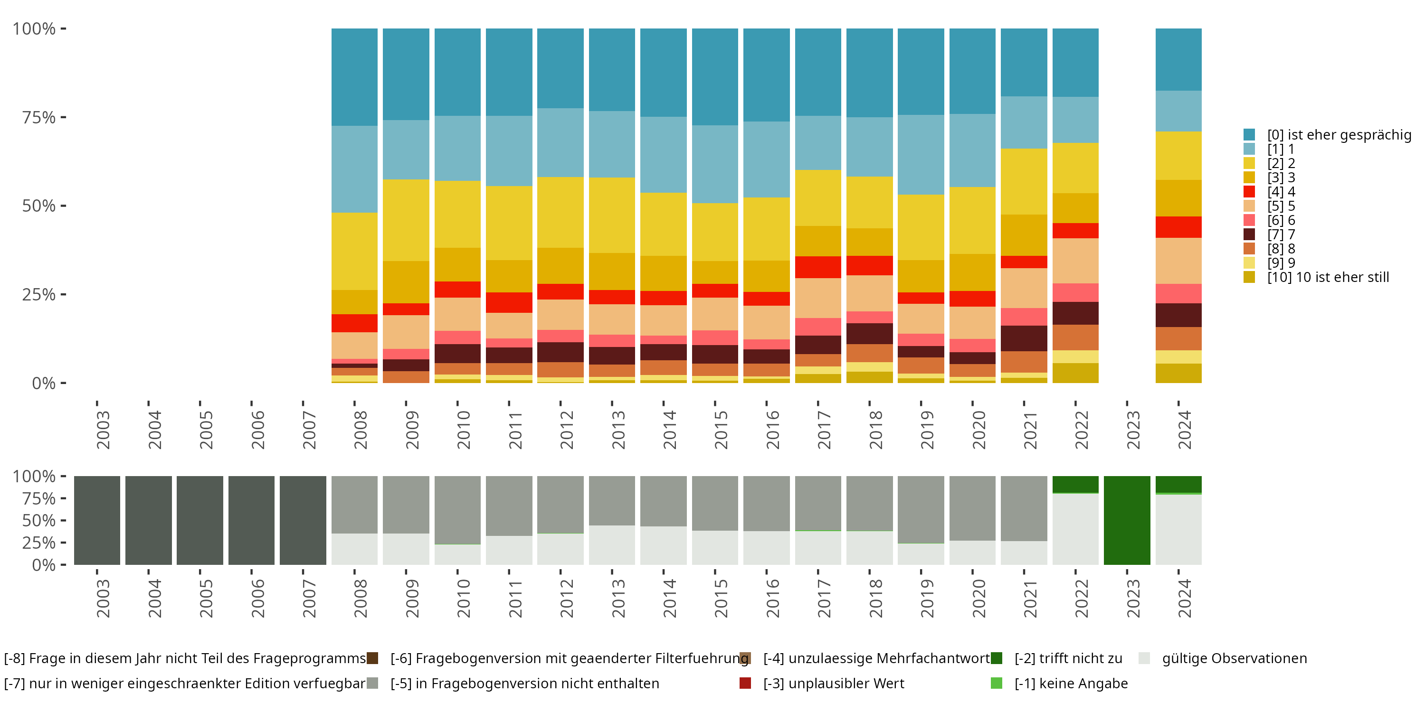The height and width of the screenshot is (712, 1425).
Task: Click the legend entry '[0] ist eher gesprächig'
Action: [1339, 135]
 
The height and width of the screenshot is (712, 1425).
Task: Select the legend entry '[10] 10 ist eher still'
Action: [1328, 277]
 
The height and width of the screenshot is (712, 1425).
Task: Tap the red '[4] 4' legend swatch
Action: [1249, 192]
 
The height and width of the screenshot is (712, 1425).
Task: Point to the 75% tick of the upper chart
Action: [39, 117]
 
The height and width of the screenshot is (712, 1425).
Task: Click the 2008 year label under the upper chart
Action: [360, 430]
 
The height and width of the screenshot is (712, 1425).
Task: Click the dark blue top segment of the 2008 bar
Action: [354, 77]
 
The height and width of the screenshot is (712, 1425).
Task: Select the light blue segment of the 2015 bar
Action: [715, 164]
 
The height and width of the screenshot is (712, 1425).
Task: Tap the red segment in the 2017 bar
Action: [817, 267]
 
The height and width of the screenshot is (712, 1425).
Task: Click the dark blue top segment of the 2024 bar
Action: [1178, 59]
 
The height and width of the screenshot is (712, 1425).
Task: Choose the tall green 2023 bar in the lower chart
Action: [1127, 520]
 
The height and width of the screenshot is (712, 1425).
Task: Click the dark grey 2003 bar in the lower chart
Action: [97, 520]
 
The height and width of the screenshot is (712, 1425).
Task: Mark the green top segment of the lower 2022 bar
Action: [1075, 484]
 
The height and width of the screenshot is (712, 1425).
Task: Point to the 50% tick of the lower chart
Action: [39, 520]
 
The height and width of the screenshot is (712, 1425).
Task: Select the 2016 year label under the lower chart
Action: [772, 598]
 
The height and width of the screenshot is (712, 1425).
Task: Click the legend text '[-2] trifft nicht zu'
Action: [1068, 658]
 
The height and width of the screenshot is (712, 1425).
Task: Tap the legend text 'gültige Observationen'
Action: [1234, 658]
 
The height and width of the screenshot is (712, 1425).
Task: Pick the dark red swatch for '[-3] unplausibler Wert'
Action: [745, 683]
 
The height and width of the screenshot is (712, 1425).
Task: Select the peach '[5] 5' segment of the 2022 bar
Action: [1075, 261]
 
